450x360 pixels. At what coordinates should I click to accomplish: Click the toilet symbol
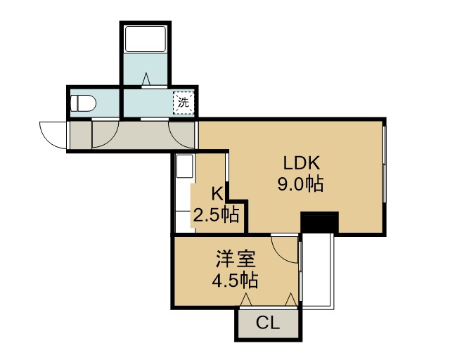[83, 103]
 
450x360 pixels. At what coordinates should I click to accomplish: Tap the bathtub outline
[146, 39]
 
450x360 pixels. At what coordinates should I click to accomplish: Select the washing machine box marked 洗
[184, 103]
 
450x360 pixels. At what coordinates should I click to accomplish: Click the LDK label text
[301, 163]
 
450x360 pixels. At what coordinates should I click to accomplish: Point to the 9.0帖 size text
[300, 184]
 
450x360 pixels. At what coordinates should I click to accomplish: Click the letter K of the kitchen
[217, 194]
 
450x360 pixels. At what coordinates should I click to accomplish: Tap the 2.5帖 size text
[216, 215]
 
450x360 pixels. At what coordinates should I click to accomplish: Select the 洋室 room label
[236, 259]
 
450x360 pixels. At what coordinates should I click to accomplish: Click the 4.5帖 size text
[235, 280]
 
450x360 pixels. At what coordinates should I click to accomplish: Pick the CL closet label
[267, 323]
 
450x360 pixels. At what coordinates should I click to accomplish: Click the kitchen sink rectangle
[184, 167]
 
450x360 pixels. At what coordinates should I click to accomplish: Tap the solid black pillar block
[319, 222]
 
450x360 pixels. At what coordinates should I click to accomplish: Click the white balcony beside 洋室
[317, 271]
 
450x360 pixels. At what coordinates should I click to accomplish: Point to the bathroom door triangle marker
[146, 79]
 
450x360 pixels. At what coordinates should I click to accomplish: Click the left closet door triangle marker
[246, 300]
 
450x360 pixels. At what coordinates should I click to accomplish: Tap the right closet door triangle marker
[290, 300]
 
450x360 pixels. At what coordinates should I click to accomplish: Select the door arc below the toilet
[112, 140]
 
